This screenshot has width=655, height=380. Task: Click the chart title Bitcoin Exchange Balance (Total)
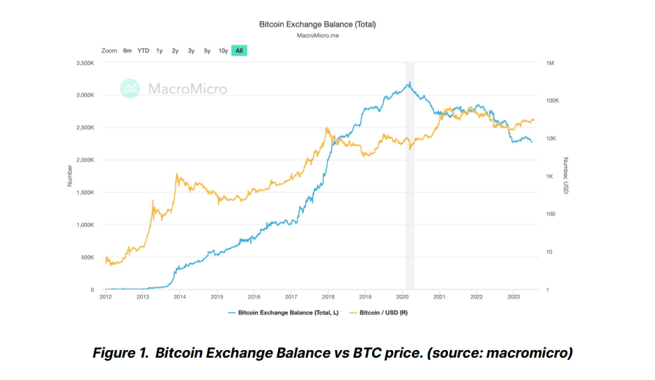click(x=317, y=24)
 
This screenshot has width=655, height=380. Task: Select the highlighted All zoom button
click(x=240, y=51)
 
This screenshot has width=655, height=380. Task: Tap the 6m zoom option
click(x=128, y=51)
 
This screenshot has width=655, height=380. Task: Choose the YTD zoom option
click(x=143, y=51)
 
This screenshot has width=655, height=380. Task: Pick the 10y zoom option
click(x=223, y=51)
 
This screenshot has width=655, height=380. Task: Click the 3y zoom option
click(x=191, y=51)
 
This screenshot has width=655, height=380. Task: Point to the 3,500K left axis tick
click(x=84, y=63)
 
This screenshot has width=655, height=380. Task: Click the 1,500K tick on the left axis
click(x=84, y=193)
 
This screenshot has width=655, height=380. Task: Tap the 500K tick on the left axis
click(x=86, y=258)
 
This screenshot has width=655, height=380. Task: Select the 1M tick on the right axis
click(x=550, y=63)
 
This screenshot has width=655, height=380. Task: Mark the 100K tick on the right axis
click(x=553, y=101)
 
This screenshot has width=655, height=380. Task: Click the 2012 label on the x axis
click(x=106, y=296)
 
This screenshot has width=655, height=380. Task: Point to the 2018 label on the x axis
click(x=328, y=296)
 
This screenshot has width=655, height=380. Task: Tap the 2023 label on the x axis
click(x=513, y=296)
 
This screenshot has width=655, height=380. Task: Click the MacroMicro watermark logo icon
click(x=130, y=88)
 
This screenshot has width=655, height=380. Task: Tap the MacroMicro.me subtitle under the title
click(x=317, y=35)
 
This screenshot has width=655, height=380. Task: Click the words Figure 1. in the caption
click(x=121, y=353)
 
